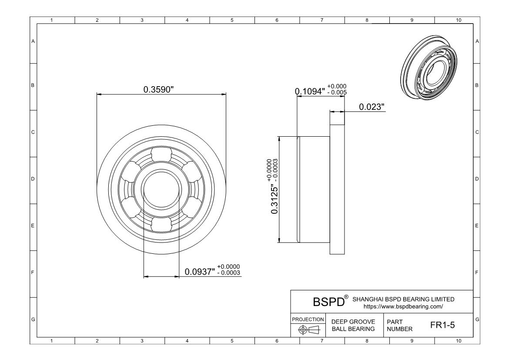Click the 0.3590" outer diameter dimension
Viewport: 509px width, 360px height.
159,90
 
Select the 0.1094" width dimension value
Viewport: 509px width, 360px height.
310,91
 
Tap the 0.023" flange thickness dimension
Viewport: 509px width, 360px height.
372,107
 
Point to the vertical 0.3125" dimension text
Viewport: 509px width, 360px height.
275,200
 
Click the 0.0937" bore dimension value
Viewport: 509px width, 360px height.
200,272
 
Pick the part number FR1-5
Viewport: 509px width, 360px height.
442,325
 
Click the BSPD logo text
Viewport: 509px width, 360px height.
328,302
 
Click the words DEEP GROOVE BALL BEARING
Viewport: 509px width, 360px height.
353,325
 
